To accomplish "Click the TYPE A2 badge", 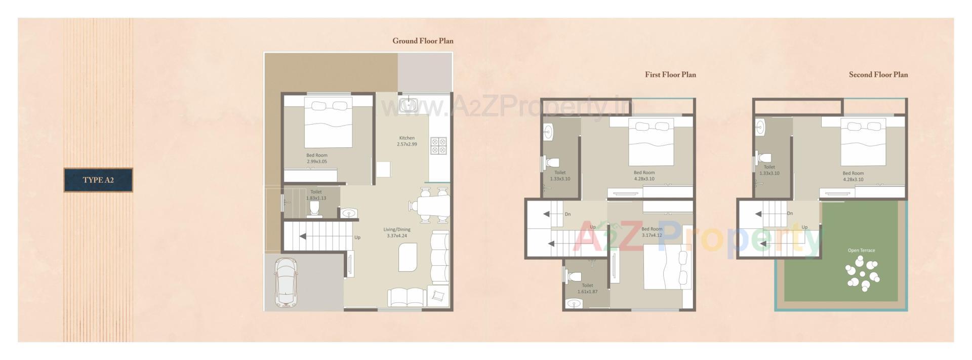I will coord(98,180).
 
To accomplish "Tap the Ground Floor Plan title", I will coord(423,41).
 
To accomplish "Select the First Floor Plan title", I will coord(670,75).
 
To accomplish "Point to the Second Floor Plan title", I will coord(878,75).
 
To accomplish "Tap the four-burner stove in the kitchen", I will coord(438,146).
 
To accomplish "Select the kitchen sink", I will coord(408,105).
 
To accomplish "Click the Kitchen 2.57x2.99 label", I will coord(407,141).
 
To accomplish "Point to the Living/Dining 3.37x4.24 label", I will coord(396,232).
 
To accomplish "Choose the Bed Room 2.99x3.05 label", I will coord(317,158).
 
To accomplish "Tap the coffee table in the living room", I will coord(408,257).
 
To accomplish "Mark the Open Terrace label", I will coord(861,250).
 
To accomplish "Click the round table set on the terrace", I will coord(863,273).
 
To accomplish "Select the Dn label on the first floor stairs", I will coord(568,214).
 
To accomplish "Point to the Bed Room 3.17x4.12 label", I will coord(652,232).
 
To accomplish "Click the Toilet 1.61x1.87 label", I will coord(587,288).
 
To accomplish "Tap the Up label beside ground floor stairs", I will coord(357,237).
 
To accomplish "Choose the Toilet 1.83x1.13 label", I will coord(316,195).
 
